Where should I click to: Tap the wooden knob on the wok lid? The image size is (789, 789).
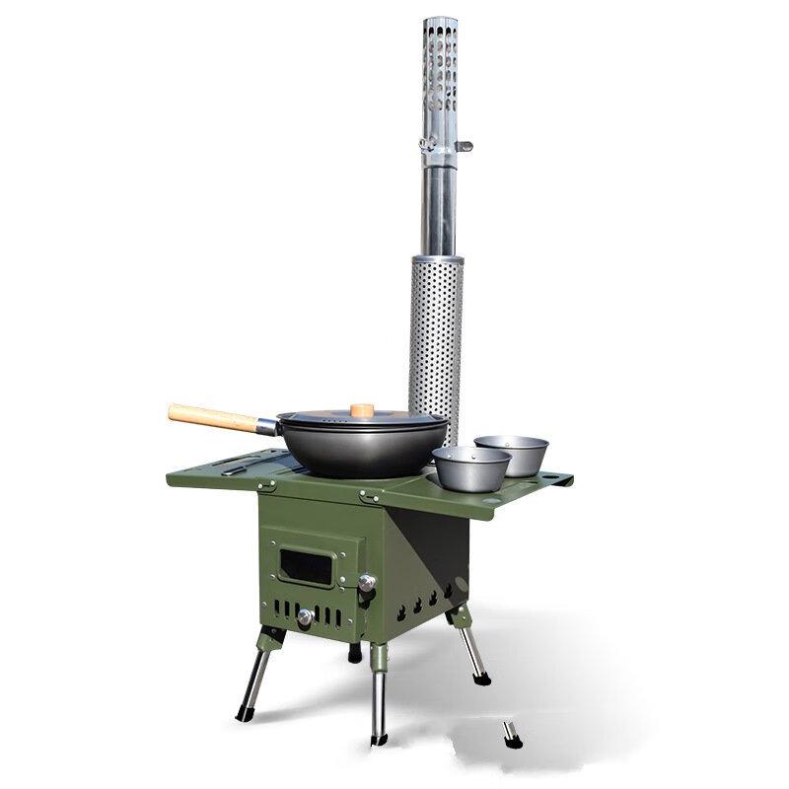tap(362, 407)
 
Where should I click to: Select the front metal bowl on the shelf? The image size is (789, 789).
tap(471, 467)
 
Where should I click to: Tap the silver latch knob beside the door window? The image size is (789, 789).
tap(367, 584)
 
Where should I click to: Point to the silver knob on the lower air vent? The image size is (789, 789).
tap(305, 617)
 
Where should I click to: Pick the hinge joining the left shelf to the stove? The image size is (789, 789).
tap(265, 485)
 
